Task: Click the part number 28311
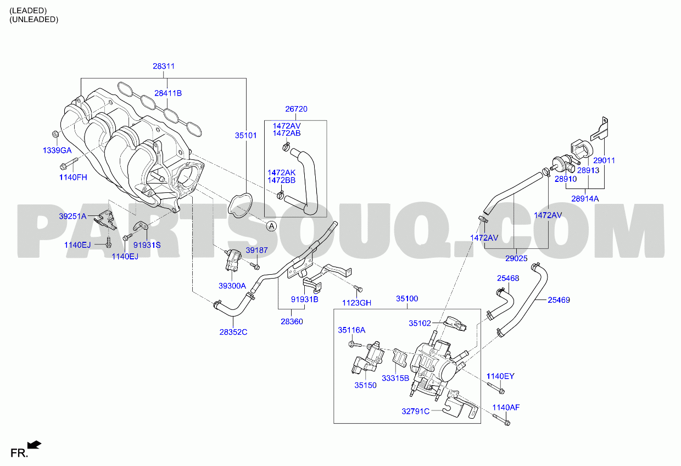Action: (164, 66)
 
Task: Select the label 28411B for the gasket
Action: (168, 93)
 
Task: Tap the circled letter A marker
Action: (271, 226)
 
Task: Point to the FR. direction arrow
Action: (34, 445)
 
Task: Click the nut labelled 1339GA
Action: (55, 134)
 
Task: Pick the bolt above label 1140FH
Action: (69, 164)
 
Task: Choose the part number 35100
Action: (407, 298)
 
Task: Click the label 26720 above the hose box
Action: (296, 109)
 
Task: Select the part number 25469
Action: (559, 300)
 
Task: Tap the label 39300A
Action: (232, 286)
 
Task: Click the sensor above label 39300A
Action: (232, 259)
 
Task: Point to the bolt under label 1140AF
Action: (501, 419)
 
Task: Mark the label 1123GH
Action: (356, 303)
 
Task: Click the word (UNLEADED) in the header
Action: (34, 19)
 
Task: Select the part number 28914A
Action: (585, 198)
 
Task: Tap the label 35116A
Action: (351, 330)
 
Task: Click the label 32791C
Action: (415, 411)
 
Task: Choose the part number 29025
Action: (516, 258)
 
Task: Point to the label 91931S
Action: (147, 245)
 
